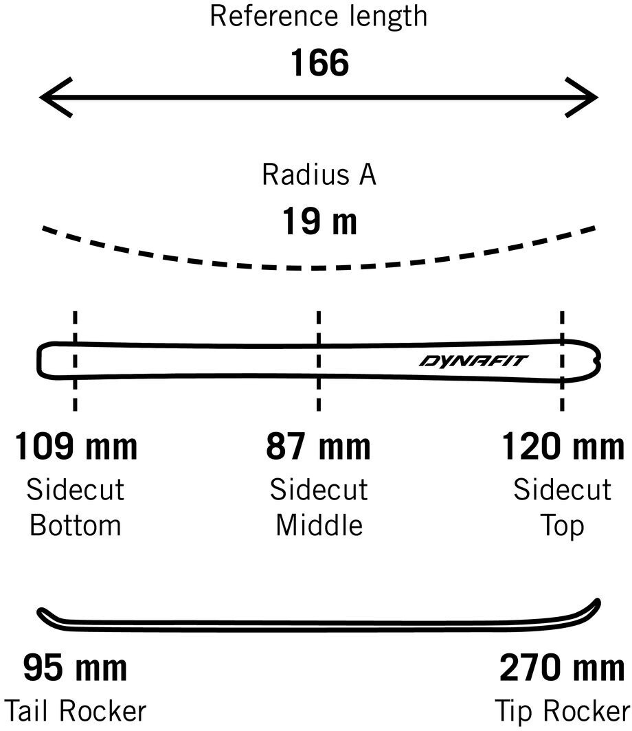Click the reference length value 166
pyautogui.click(x=319, y=63)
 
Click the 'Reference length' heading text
pyautogui.click(x=318, y=16)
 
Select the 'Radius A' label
pyautogui.click(x=319, y=175)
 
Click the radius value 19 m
pyautogui.click(x=319, y=222)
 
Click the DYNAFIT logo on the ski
pyautogui.click(x=473, y=361)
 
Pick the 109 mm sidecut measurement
pyautogui.click(x=76, y=447)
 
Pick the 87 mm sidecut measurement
pyautogui.click(x=318, y=447)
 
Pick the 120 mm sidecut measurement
pyautogui.click(x=563, y=447)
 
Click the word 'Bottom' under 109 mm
pyautogui.click(x=76, y=526)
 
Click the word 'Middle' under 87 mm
pyautogui.click(x=319, y=526)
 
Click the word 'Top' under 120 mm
pyautogui.click(x=563, y=526)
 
